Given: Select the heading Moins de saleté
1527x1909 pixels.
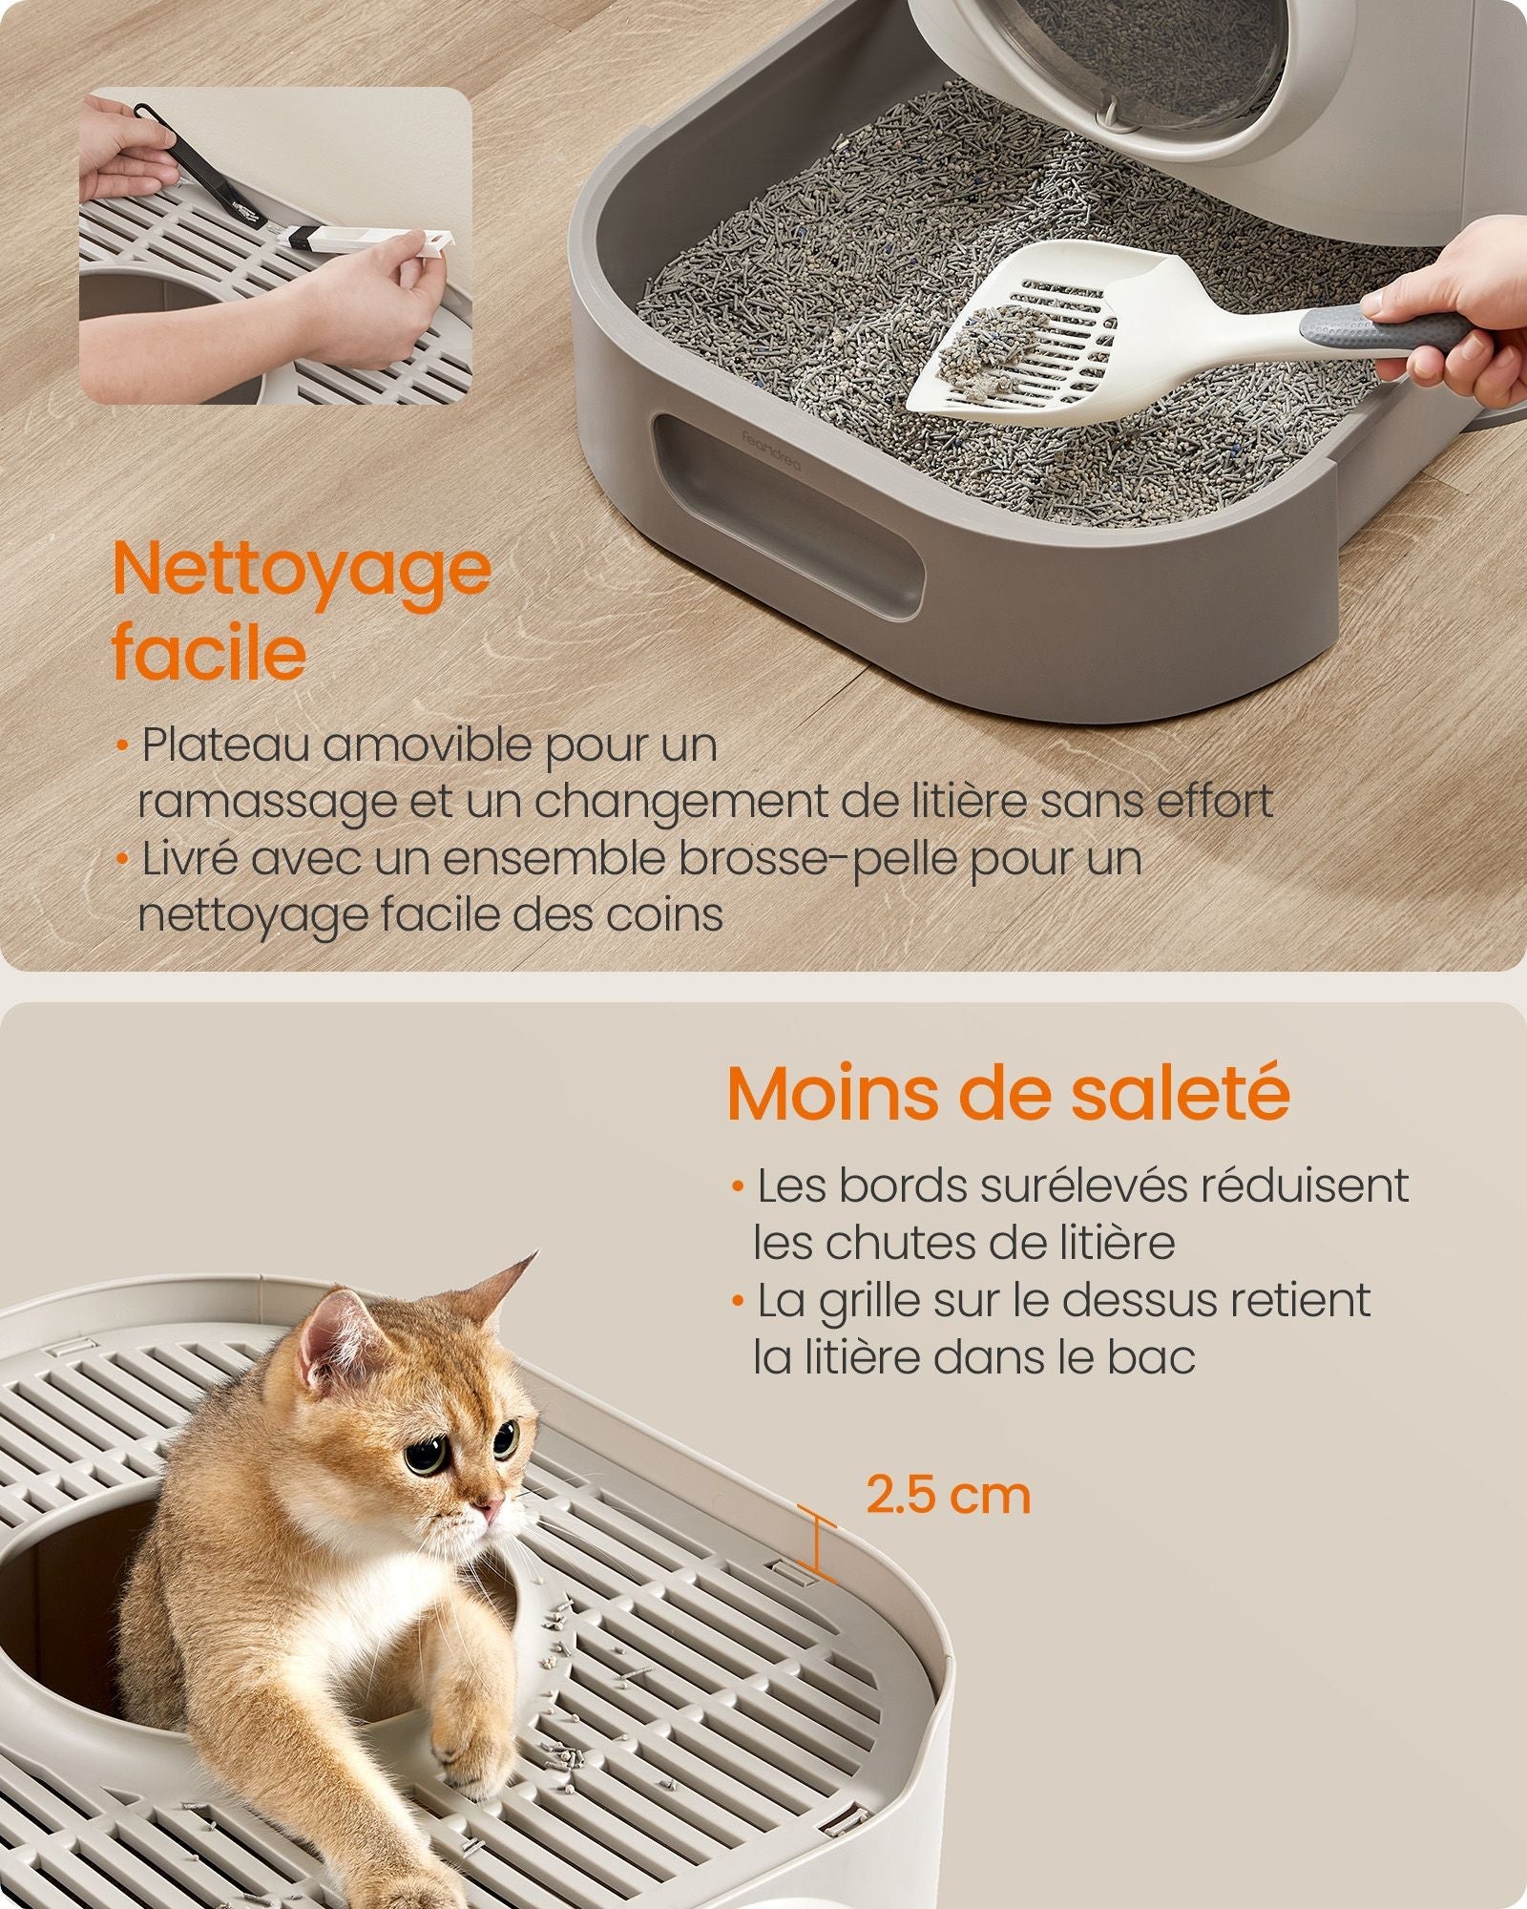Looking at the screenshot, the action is click(x=1009, y=1094).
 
